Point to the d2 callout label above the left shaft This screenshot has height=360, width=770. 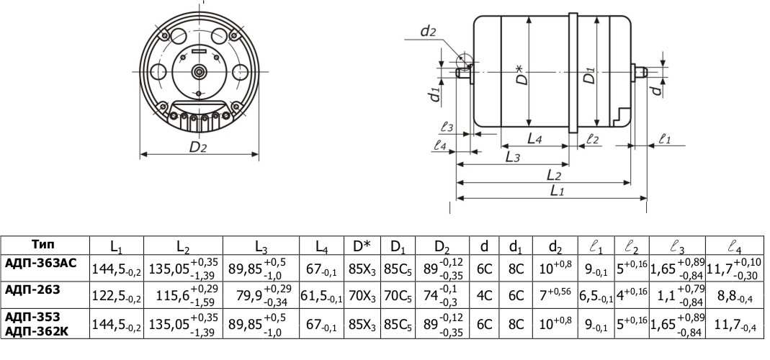428,32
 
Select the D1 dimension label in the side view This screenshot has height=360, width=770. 590,75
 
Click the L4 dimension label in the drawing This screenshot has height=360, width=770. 534,139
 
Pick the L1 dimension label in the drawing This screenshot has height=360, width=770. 556,191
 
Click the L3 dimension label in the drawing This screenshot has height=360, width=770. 513,157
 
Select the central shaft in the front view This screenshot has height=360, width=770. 200,72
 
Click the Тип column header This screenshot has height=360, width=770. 43,245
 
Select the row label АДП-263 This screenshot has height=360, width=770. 32,289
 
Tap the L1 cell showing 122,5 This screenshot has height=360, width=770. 117,297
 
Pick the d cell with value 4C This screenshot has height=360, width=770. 484,297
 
